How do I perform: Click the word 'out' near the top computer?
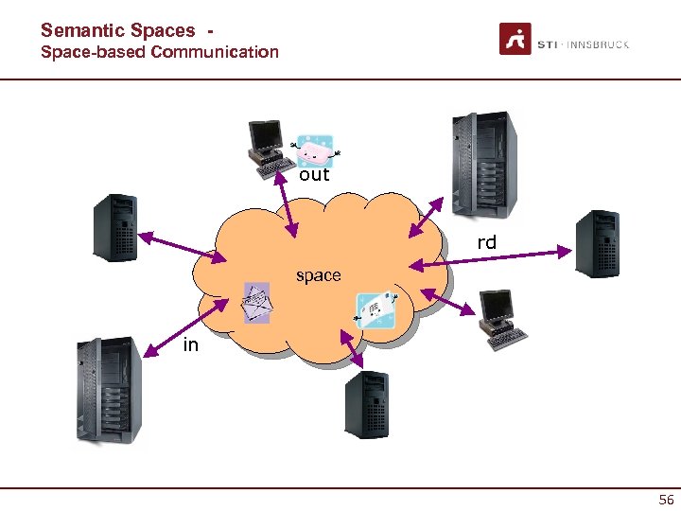click(x=314, y=175)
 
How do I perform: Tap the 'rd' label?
click(x=486, y=243)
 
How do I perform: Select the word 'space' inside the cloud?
click(x=318, y=275)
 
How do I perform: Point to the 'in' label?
click(x=191, y=345)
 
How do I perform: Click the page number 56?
click(x=666, y=500)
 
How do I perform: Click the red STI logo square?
click(x=515, y=40)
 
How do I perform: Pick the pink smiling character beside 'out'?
click(x=315, y=150)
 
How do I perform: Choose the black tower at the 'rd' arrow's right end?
click(x=597, y=242)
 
